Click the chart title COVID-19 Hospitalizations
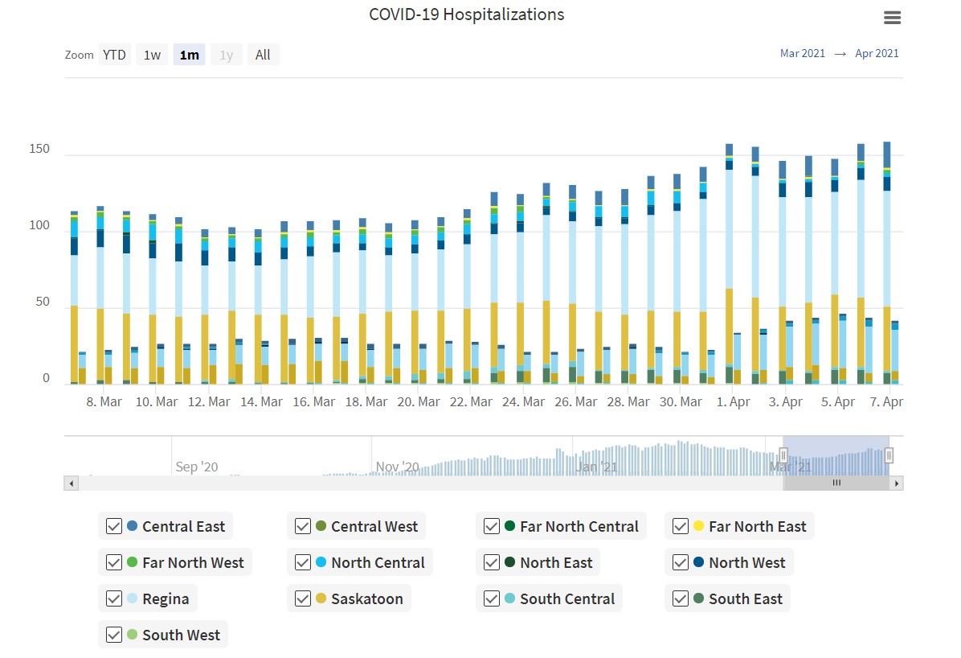pyautogui.click(x=466, y=14)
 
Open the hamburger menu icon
pyautogui.click(x=892, y=18)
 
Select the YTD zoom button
pyautogui.click(x=114, y=55)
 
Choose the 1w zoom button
pyautogui.click(x=152, y=55)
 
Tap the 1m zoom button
pyautogui.click(x=190, y=55)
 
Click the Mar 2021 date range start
pyautogui.click(x=802, y=54)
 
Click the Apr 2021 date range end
pyautogui.click(x=877, y=54)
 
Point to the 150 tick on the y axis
pyautogui.click(x=39, y=150)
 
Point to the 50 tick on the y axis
pyautogui.click(x=43, y=302)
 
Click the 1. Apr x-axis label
pyautogui.click(x=734, y=401)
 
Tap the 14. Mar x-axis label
pyautogui.click(x=261, y=401)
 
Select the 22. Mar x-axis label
pyautogui.click(x=471, y=401)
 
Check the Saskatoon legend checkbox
pyautogui.click(x=303, y=598)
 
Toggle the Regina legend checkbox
pyautogui.click(x=114, y=598)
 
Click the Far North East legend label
pyautogui.click(x=757, y=527)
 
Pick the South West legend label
pyautogui.click(x=181, y=635)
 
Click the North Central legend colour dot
pyautogui.click(x=321, y=562)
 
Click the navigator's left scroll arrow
pyautogui.click(x=71, y=483)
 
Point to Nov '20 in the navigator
pyautogui.click(x=397, y=467)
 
